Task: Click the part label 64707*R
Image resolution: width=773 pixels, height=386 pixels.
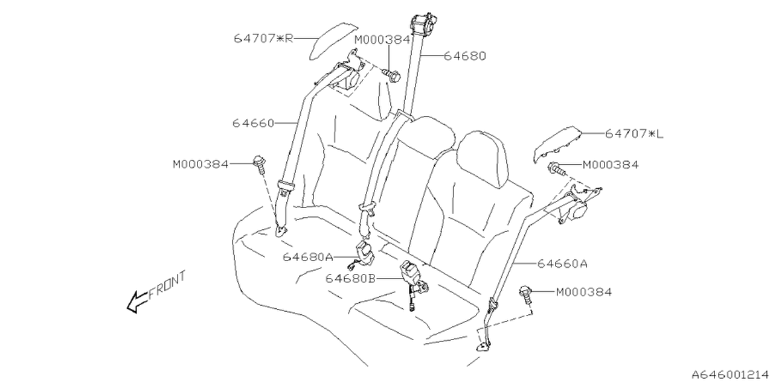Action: click(263, 39)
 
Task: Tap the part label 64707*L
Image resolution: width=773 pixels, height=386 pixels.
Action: click(633, 134)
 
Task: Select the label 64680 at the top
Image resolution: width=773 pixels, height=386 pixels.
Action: click(465, 56)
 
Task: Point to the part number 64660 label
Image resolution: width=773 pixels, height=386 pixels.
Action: click(253, 124)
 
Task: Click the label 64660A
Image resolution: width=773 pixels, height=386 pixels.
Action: click(563, 264)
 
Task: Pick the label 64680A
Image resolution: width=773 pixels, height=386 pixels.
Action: click(307, 257)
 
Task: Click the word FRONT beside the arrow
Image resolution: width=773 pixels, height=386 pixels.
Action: click(167, 285)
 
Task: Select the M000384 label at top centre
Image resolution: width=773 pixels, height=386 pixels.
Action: click(382, 40)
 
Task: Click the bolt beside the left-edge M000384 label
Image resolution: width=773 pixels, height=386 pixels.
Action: click(260, 163)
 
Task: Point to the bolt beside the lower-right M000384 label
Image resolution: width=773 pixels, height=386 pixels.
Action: click(527, 295)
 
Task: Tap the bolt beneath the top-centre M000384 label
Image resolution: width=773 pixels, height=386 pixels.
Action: click(393, 76)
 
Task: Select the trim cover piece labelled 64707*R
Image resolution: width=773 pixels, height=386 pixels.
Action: click(325, 45)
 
